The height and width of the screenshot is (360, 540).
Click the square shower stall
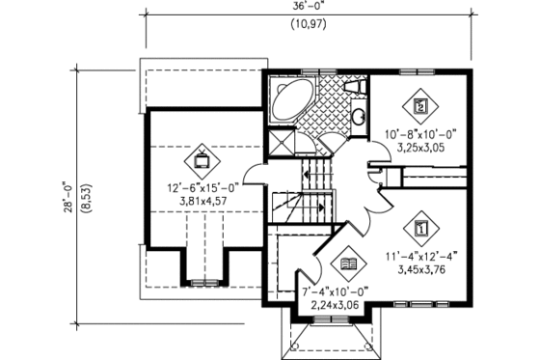tap(281, 143)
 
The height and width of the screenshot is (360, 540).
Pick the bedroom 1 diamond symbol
tap(420, 228)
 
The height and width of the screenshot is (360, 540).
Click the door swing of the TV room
tap(253, 174)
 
